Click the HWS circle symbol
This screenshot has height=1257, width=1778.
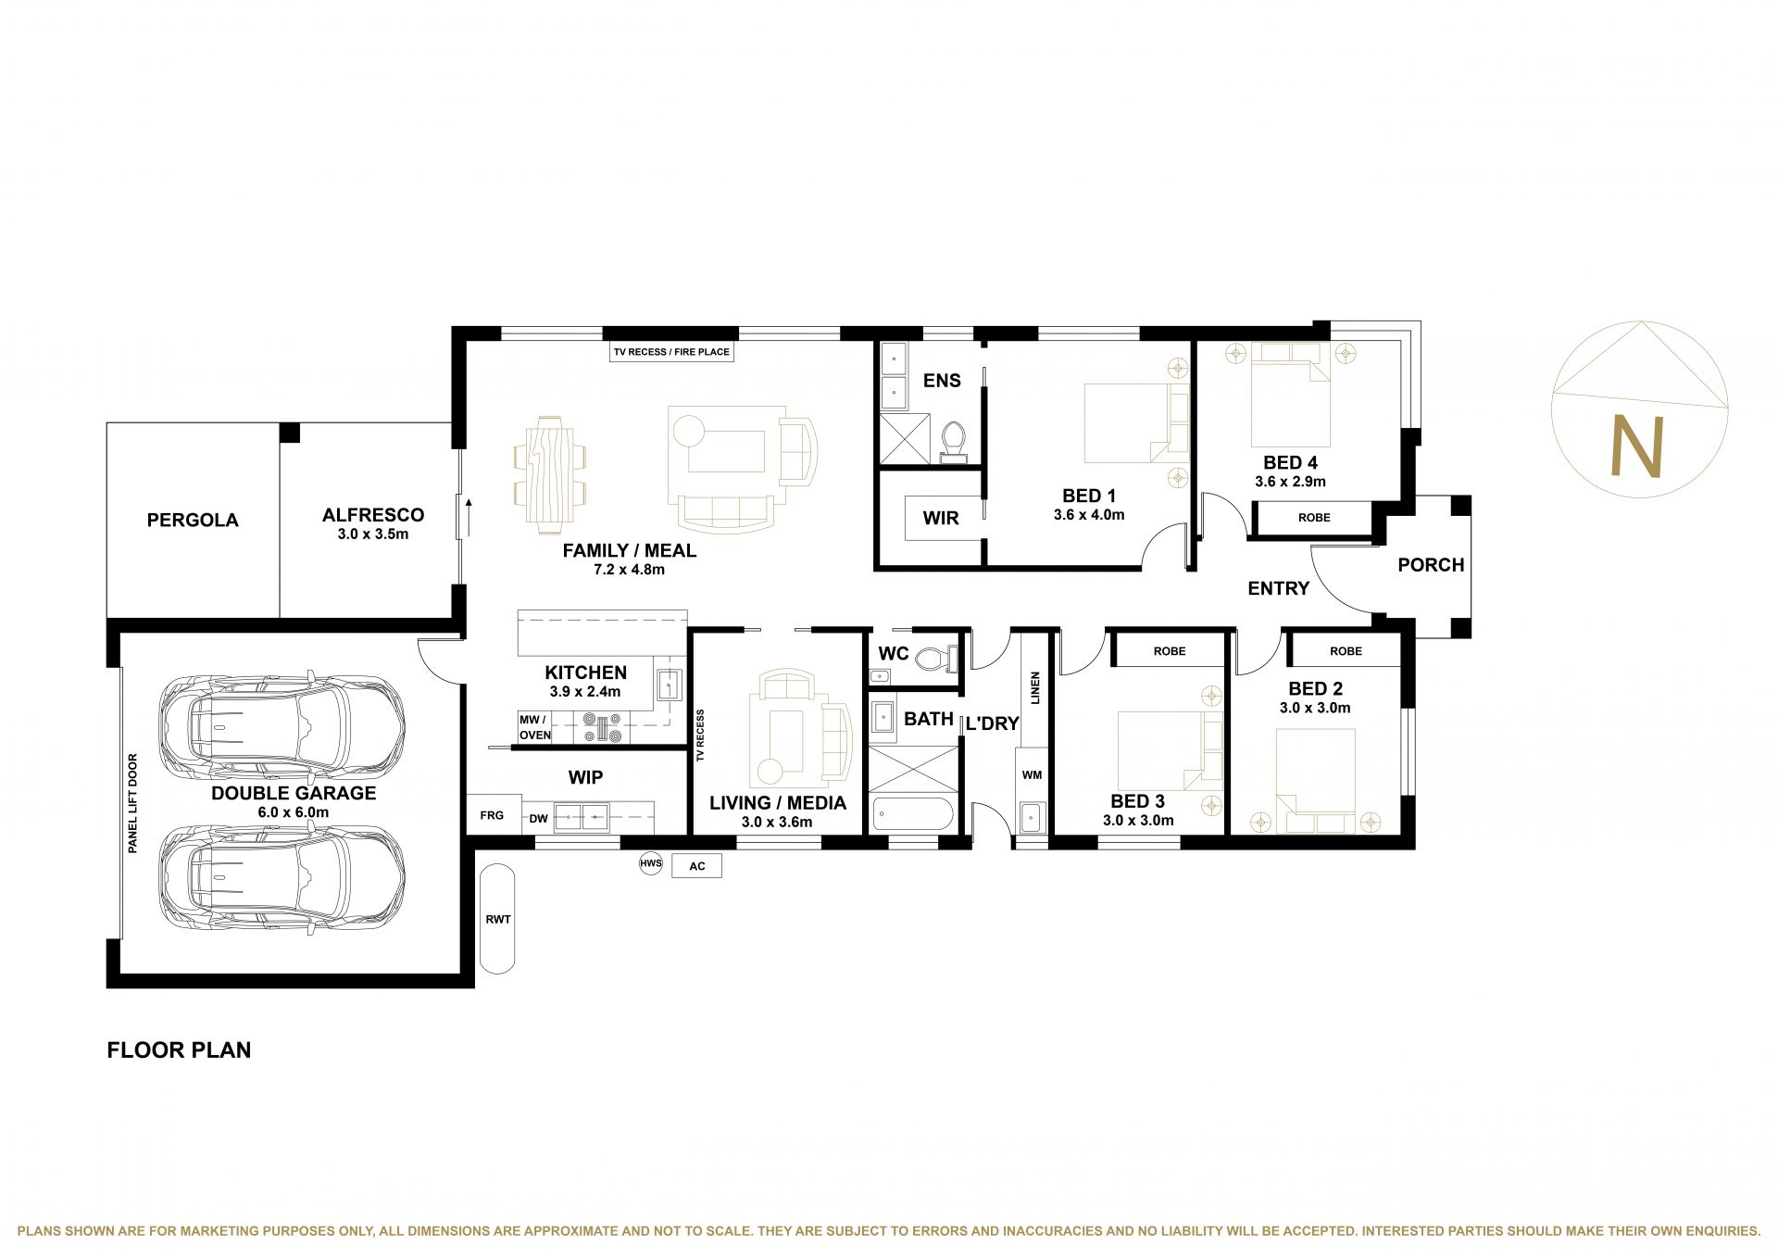coord(651,864)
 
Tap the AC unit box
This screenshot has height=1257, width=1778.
coord(696,866)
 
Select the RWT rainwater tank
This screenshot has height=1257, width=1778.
coord(498,919)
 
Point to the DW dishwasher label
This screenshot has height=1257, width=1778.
coord(539,819)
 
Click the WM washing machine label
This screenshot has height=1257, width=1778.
coord(1032,775)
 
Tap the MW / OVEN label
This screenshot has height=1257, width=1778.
coord(534,727)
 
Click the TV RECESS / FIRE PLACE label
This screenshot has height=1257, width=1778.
coord(671,352)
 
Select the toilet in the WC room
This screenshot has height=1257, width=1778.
coord(934,659)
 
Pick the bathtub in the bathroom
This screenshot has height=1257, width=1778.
coord(913,815)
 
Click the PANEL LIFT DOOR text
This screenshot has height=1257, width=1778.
coord(133,803)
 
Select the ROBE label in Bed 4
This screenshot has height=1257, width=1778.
coord(1314,518)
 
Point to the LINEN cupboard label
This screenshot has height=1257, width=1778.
coord(1035,688)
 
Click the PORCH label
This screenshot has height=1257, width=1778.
coord(1431,565)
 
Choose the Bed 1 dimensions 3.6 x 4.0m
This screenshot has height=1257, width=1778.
coord(1089,515)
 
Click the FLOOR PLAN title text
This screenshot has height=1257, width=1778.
coord(179,1050)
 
